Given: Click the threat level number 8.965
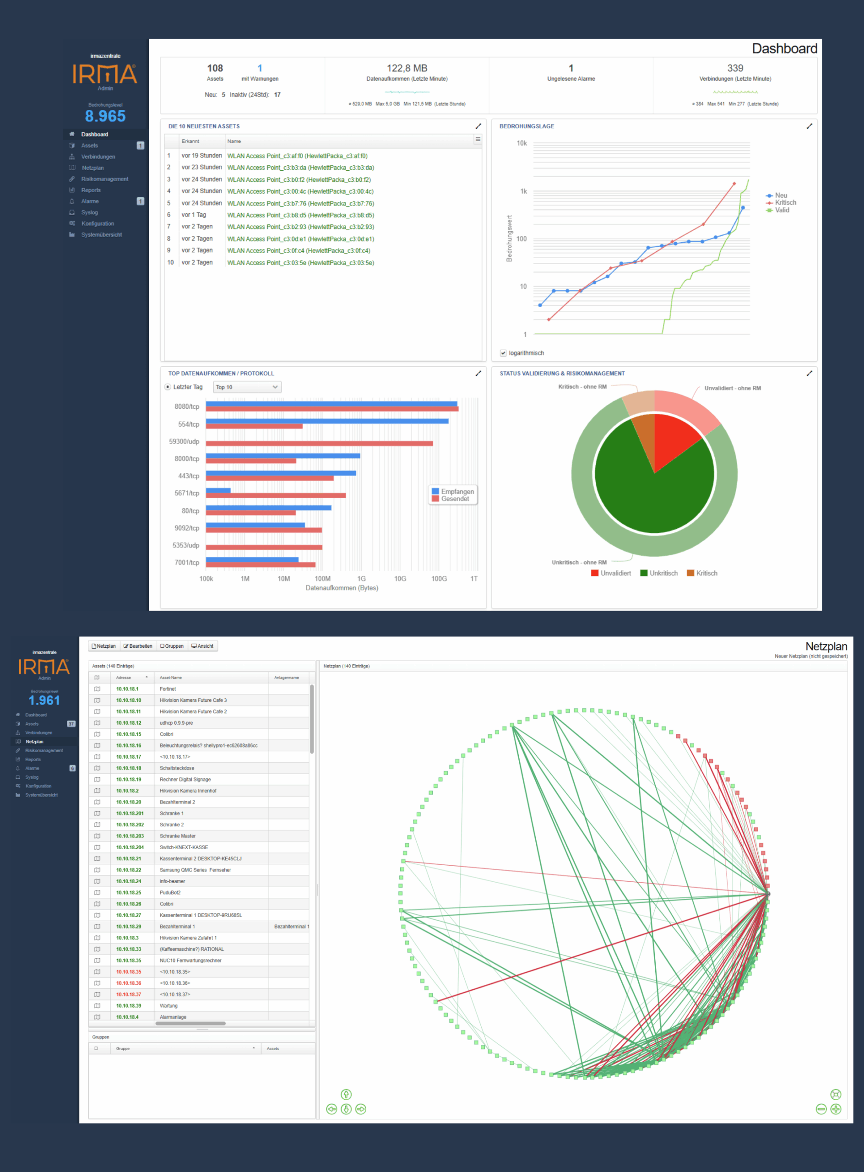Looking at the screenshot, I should [105, 116].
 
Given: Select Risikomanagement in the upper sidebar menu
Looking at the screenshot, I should [104, 179].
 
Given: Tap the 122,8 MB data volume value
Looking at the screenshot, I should [407, 69].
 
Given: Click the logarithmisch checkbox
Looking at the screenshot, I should [503, 353].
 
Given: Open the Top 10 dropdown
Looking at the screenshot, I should [247, 387].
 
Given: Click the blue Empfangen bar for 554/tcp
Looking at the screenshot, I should [327, 421].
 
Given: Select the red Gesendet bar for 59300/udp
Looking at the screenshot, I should [319, 444].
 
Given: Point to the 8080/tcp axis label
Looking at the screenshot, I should [187, 407].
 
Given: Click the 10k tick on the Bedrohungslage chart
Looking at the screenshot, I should [522, 143].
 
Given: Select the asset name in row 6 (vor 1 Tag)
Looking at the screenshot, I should [300, 215].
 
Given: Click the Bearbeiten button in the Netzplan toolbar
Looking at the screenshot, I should [138, 646].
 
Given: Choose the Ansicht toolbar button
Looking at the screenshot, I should [202, 646].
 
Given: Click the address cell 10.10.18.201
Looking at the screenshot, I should [130, 813].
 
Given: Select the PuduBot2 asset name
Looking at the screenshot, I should [170, 893].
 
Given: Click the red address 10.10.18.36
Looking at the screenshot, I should [129, 983].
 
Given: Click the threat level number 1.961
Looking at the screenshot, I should [44, 700].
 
